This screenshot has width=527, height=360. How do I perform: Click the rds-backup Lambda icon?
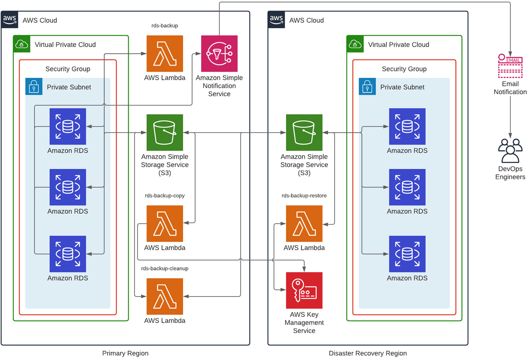tap(165, 54)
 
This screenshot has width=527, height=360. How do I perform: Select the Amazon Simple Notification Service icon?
tap(219, 54)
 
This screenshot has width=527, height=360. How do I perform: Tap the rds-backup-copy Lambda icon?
tap(165, 223)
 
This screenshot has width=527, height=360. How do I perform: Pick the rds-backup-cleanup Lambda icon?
tap(165, 296)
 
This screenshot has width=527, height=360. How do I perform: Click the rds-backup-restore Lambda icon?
tap(304, 223)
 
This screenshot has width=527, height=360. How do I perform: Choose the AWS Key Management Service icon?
tap(304, 290)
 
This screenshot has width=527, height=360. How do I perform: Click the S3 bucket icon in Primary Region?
tap(165, 133)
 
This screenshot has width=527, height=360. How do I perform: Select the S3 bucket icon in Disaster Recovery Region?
tap(304, 133)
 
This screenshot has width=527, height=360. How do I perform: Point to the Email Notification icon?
tap(510, 66)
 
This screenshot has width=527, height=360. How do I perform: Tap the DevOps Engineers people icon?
tap(510, 151)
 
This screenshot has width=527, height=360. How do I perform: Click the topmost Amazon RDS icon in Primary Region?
tap(68, 126)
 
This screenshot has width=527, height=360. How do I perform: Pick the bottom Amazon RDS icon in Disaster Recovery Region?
tap(407, 254)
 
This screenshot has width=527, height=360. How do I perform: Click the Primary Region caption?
tap(125, 353)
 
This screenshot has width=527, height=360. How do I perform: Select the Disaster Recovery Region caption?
tap(368, 353)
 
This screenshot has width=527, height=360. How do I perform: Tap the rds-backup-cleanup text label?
tap(165, 268)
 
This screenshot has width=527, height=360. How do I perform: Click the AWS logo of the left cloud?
tap(10, 19)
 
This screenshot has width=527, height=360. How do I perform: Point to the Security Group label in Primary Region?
tap(68, 69)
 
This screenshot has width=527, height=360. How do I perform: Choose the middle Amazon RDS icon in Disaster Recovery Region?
tap(407, 187)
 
